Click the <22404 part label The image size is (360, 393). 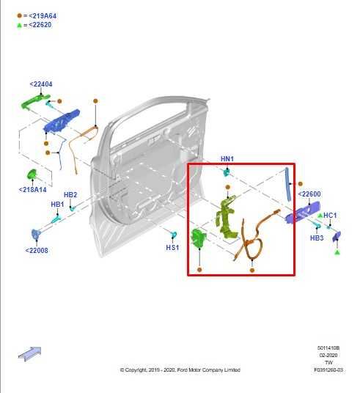click(41, 84)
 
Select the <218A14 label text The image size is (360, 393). click(32, 190)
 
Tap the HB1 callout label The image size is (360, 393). click(57, 205)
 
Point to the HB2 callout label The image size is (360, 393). click(70, 195)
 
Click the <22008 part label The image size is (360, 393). click(37, 250)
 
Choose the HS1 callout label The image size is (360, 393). click(172, 248)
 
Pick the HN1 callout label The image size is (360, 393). click(227, 159)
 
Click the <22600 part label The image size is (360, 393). click(309, 194)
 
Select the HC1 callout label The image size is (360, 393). click(330, 216)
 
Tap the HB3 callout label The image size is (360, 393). click(317, 238)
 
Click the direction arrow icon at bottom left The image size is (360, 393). click(29, 353)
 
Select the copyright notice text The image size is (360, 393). click(180, 370)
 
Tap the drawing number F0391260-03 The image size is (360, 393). click(328, 370)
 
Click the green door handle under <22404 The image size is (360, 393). click(35, 100)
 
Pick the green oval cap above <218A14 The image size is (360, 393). click(32, 174)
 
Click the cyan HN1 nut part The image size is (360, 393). click(227, 172)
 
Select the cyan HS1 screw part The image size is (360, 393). click(174, 235)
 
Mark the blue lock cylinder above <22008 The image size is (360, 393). click(36, 234)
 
